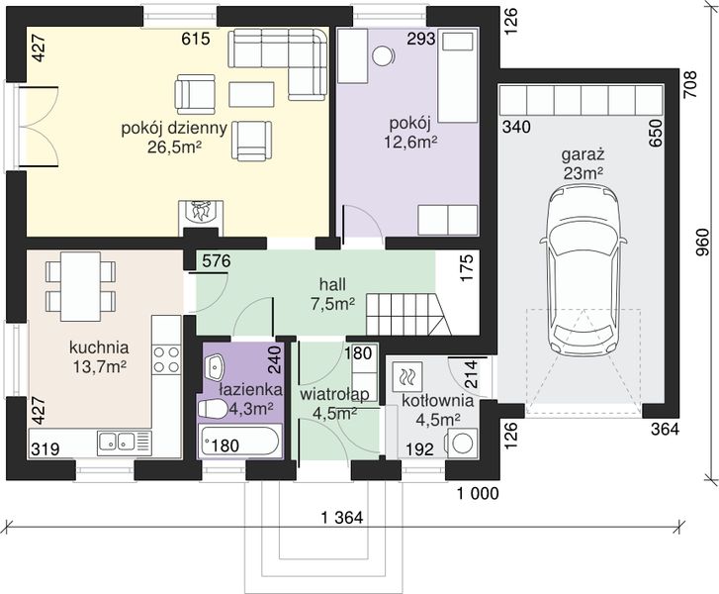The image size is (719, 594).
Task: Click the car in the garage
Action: coord(583,271)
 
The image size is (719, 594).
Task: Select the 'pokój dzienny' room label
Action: coord(174,128)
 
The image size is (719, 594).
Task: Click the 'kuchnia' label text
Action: coord(99,347)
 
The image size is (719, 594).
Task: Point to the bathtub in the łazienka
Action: coord(238,441)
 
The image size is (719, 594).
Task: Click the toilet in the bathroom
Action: coord(211,408)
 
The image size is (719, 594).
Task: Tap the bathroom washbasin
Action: coord(215,366)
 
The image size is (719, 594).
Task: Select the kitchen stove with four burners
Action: coord(166,359)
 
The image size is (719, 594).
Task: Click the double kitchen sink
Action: coord(117,443)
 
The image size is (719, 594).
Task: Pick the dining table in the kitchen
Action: coord(80,287)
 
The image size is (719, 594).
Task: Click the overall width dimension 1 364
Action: coord(342,518)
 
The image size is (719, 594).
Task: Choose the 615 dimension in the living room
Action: coord(196,39)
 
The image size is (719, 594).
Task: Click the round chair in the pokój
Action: coord(383,56)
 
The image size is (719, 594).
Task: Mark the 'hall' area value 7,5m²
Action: coord(333,303)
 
